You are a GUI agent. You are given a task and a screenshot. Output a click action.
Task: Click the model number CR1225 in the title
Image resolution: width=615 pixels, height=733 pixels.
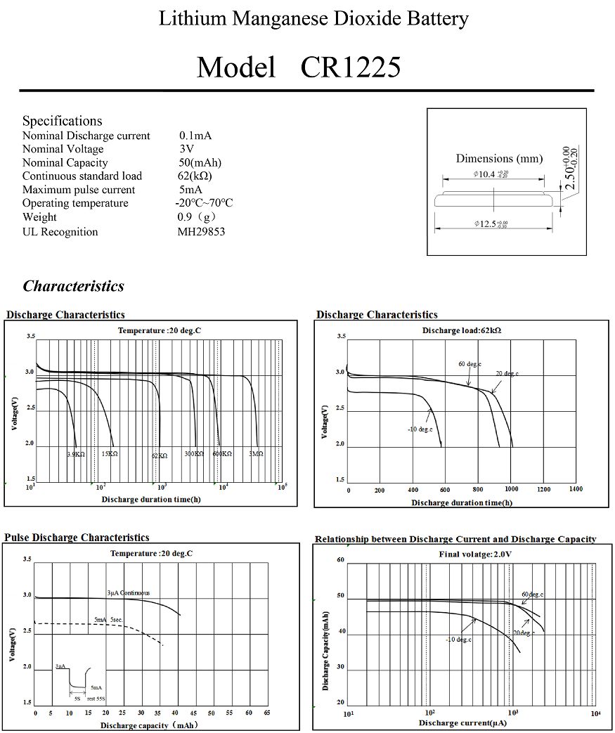tap(351, 67)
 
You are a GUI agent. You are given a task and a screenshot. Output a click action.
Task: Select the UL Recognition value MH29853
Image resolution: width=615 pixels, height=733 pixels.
tap(201, 232)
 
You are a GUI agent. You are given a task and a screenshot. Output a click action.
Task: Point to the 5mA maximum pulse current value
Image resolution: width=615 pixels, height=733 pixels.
tap(190, 190)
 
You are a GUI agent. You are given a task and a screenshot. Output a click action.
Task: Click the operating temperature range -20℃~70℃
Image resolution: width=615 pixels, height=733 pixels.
tap(204, 203)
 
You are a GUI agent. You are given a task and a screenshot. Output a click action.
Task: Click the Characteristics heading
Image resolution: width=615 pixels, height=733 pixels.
tap(73, 286)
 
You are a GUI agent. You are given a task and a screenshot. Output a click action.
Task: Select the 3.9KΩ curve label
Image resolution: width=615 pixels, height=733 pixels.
tap(76, 455)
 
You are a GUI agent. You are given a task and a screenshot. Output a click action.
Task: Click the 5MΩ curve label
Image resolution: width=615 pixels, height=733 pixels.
tap(256, 455)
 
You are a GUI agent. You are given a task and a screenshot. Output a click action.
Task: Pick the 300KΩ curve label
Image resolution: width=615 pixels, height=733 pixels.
tap(194, 455)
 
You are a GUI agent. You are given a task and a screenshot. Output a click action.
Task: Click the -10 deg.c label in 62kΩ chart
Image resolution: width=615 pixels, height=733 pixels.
tap(420, 429)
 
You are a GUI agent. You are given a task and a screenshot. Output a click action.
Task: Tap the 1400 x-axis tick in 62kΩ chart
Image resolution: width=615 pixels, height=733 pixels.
tap(575, 489)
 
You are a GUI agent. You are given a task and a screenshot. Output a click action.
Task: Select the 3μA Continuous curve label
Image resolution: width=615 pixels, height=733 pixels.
tap(129, 593)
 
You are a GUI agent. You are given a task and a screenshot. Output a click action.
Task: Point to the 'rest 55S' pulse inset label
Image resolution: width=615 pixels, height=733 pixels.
tap(96, 699)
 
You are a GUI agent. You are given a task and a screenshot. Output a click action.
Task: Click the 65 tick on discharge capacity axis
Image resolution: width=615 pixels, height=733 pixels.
tap(266, 713)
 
